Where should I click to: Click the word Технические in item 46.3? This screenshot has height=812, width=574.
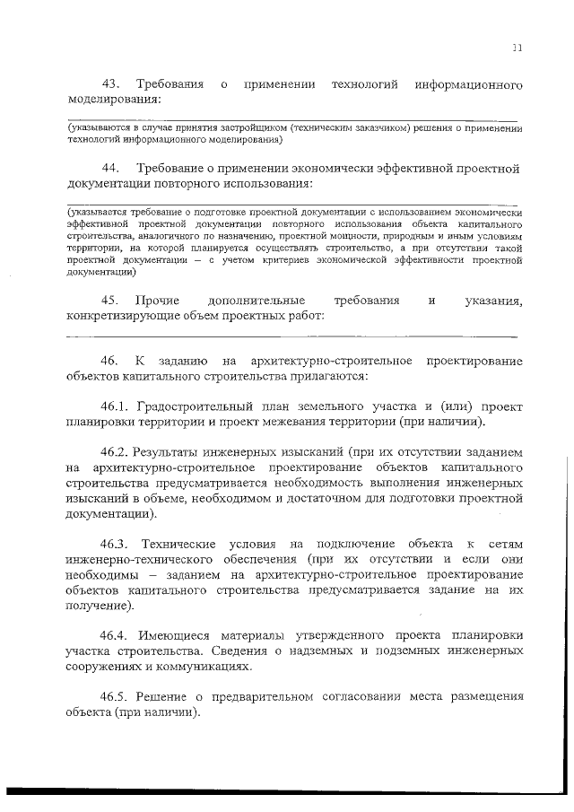[197, 545]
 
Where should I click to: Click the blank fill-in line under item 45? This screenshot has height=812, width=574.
[292, 337]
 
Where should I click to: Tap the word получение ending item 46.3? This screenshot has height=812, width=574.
[99, 606]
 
